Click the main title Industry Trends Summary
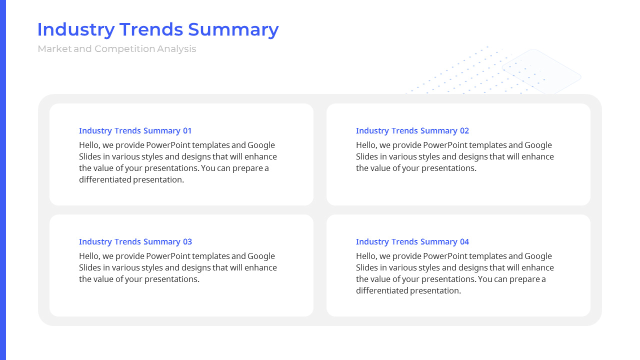158,29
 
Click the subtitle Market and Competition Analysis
117,49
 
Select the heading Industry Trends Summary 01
135,131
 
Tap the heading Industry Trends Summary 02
412,131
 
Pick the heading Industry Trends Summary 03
135,242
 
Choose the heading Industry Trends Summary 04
412,242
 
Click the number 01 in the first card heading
187,131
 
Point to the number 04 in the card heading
464,242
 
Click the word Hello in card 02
366,145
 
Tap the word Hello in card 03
89,256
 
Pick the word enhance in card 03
260,268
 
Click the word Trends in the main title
151,29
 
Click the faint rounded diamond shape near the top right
541,71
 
